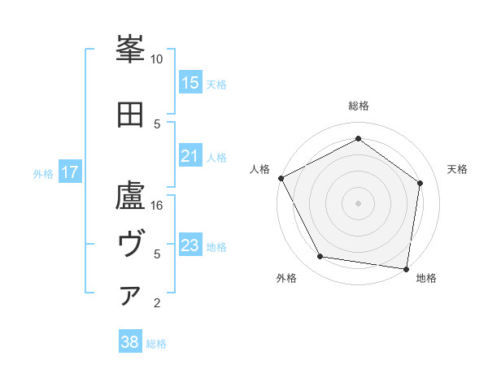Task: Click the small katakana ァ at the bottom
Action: [130, 296]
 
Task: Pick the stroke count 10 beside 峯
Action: [156, 59]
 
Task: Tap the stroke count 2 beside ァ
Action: [156, 303]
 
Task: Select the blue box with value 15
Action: [190, 83]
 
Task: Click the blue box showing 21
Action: [190, 156]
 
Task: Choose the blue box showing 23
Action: [190, 245]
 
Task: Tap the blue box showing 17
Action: [70, 172]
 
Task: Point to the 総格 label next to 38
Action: [156, 344]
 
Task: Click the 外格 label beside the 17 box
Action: [43, 173]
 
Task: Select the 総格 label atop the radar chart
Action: [358, 106]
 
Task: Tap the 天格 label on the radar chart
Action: [457, 169]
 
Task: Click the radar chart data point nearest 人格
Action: [281, 178]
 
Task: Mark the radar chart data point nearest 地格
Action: [406, 268]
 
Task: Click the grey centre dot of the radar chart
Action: [358, 202]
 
